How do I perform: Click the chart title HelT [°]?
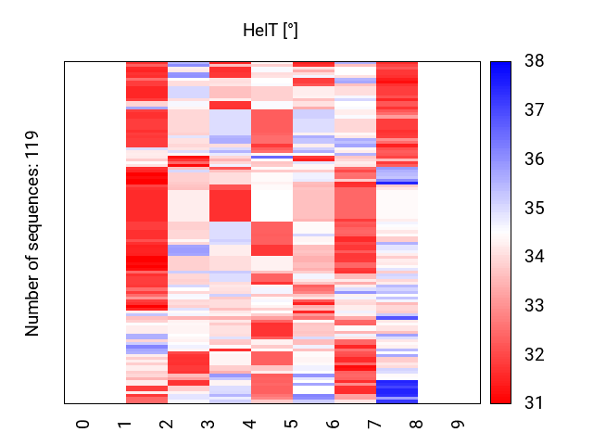coord(270,31)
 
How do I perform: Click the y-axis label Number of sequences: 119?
coord(33,233)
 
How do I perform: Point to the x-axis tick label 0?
coord(84,424)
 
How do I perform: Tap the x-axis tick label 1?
coord(126,424)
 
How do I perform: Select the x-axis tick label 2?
coord(168,424)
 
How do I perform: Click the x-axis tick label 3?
coord(209,424)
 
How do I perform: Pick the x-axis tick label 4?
coord(251,424)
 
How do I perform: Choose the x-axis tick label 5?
coord(293,424)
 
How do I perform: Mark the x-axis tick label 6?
coord(334,424)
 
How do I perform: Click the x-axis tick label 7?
coord(376,424)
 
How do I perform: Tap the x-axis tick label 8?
coord(418,424)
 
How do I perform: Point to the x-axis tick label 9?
coord(460,424)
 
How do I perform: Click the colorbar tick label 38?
coord(534,62)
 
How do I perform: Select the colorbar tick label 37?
coord(534,110)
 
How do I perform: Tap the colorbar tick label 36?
coord(534,159)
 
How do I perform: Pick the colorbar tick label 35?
coord(534,209)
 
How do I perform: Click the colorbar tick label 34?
coord(534,257)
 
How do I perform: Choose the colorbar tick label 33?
coord(534,306)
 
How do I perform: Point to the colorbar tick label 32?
coord(534,355)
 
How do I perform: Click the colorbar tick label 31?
coord(534,403)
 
